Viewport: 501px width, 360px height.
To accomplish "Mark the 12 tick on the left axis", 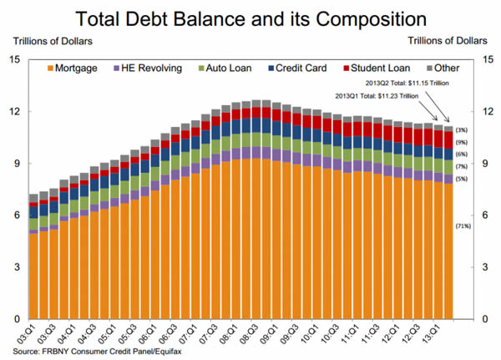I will (x=15, y=112).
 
